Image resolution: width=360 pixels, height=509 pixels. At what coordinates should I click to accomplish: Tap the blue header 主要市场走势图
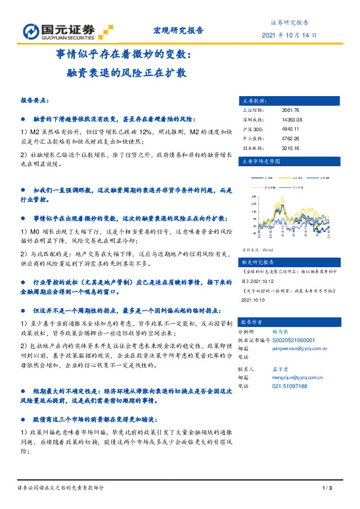(x=261, y=162)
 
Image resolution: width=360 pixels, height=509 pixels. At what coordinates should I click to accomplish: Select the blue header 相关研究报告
(x=258, y=262)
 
